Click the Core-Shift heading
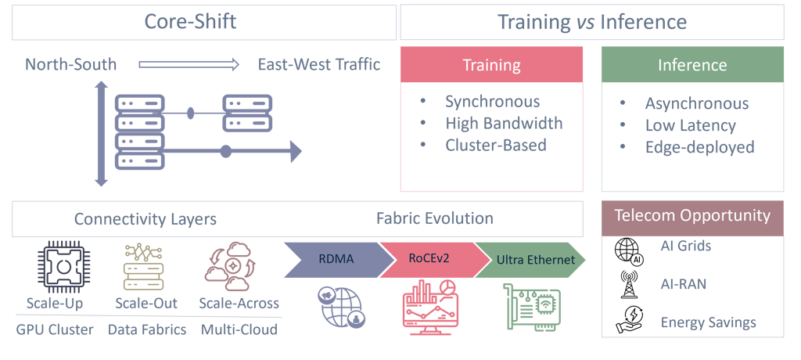pyautogui.click(x=190, y=22)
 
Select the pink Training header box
pyautogui.click(x=491, y=64)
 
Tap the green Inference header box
pyautogui.click(x=692, y=64)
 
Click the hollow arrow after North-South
pyautogui.click(x=189, y=65)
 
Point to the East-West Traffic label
pyautogui.click(x=319, y=65)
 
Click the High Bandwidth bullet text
pyautogui.click(x=504, y=123)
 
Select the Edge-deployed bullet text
pyautogui.click(x=700, y=147)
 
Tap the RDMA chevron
pyautogui.click(x=336, y=260)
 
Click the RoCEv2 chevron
pyautogui.click(x=429, y=260)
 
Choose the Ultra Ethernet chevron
pyautogui.click(x=531, y=260)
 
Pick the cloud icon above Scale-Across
pyautogui.click(x=230, y=266)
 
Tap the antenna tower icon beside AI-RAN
pyautogui.click(x=627, y=284)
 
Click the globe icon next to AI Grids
pyautogui.click(x=629, y=251)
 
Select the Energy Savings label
pyautogui.click(x=708, y=322)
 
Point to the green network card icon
pyautogui.click(x=532, y=307)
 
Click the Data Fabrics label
pyautogui.click(x=147, y=329)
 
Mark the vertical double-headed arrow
pyautogui.click(x=101, y=134)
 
